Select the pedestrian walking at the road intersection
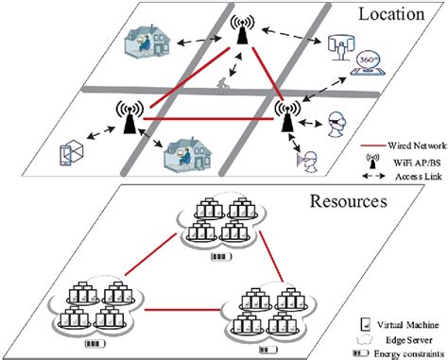(x=225, y=84)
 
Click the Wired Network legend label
(x=410, y=143)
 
